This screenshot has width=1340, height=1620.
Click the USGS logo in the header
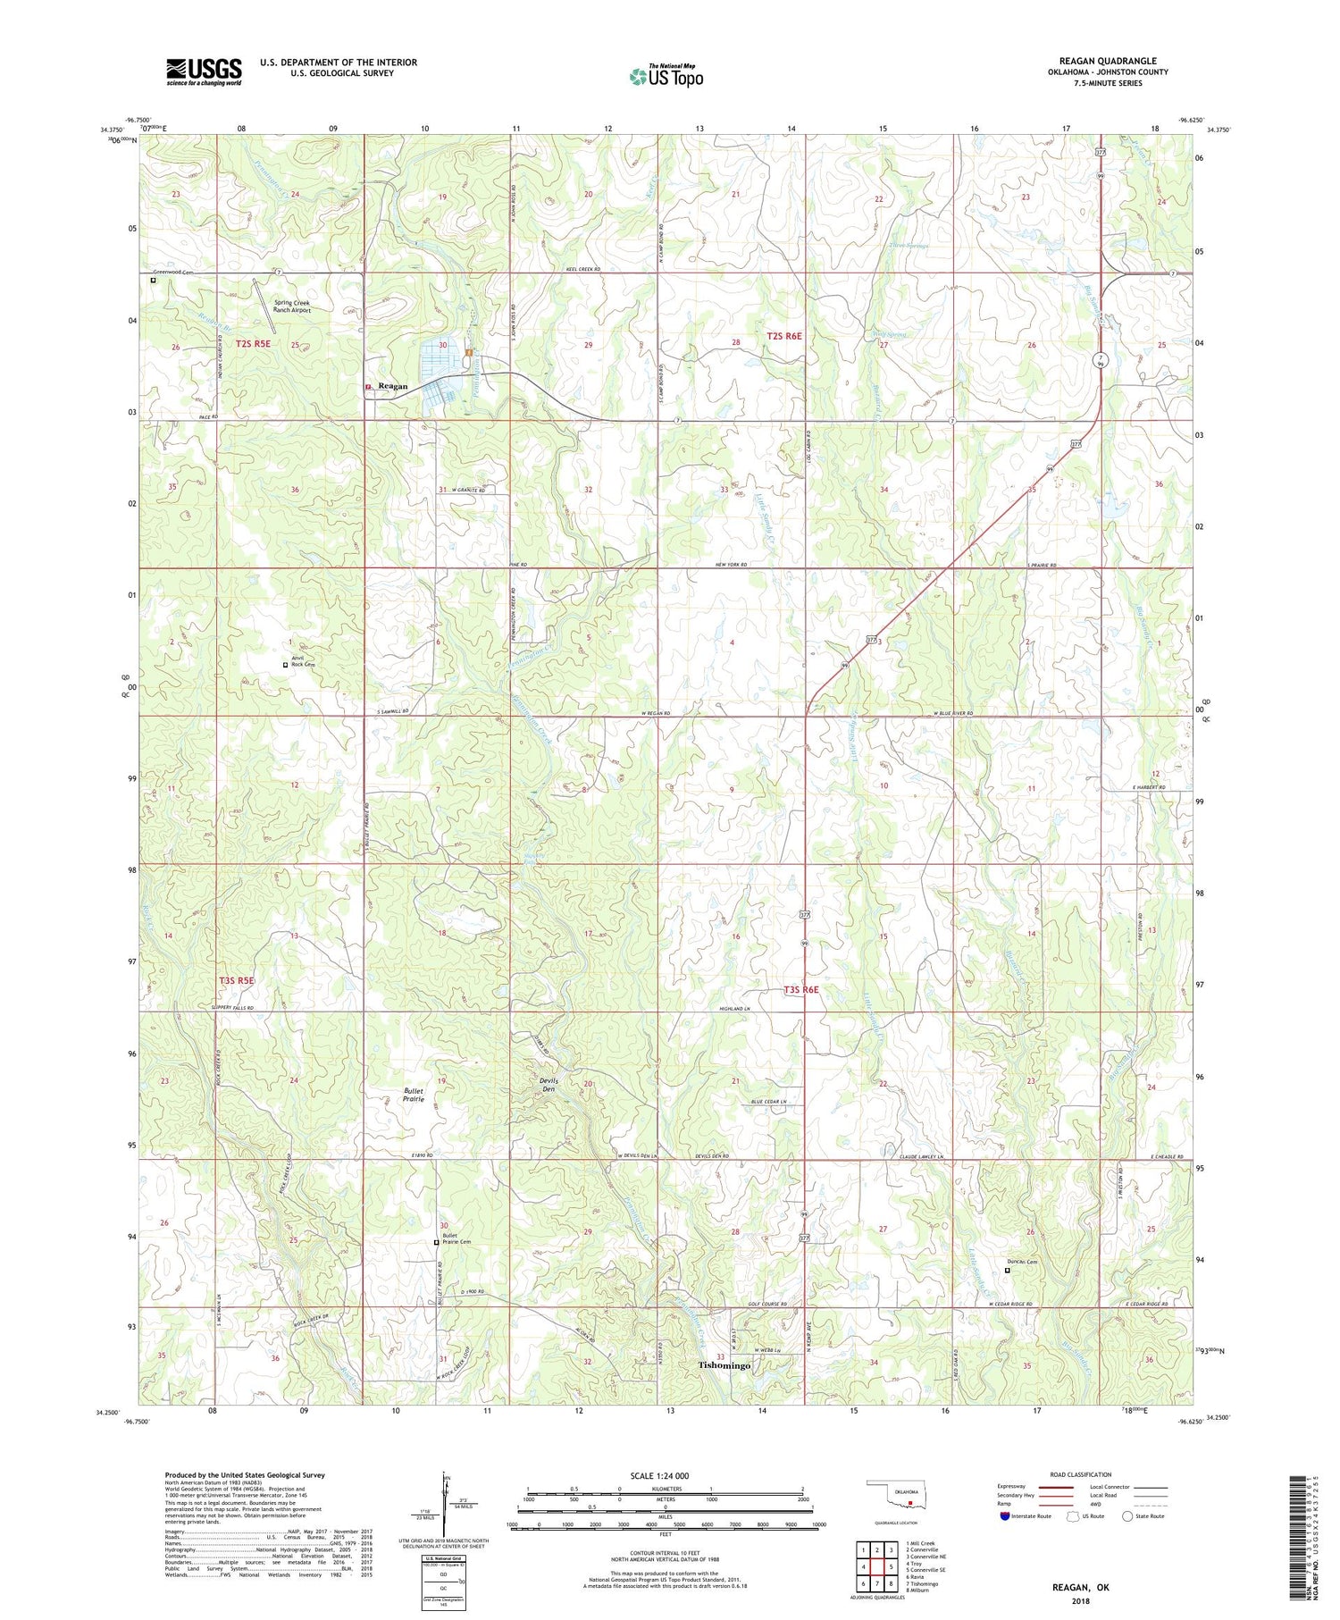click(203, 71)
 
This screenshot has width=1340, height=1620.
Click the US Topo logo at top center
click(666, 77)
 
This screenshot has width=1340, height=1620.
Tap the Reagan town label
click(393, 387)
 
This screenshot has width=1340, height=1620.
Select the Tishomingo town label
click(724, 1366)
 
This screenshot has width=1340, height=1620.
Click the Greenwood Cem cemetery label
click(173, 272)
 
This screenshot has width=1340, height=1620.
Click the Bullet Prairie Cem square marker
click(436, 1242)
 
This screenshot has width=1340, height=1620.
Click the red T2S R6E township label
click(784, 336)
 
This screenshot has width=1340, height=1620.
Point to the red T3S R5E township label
click(237, 980)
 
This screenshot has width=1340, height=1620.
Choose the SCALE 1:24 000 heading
click(665, 1476)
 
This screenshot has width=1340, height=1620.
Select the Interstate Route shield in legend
click(1006, 1516)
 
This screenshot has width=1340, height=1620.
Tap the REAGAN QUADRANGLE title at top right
click(1107, 61)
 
